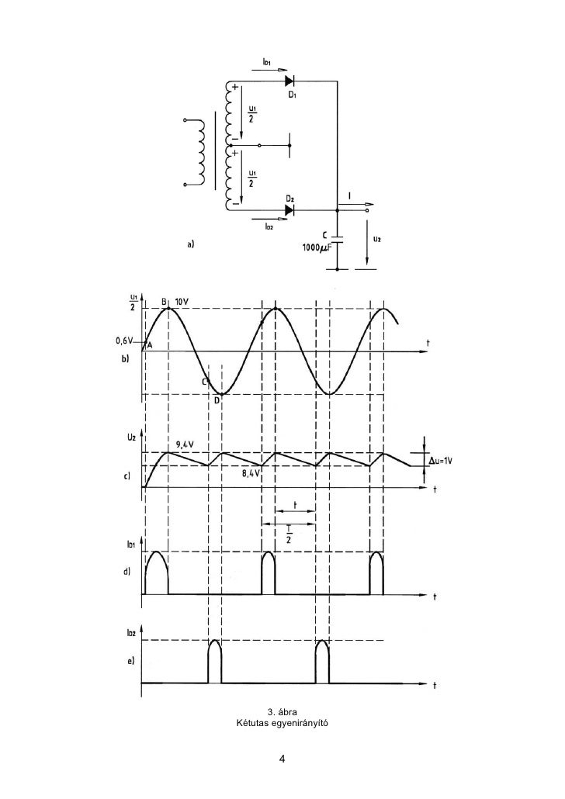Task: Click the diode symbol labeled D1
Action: (289, 80)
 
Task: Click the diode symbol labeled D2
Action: (289, 209)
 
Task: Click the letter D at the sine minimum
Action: (218, 400)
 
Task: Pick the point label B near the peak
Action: (165, 301)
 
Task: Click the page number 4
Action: (282, 759)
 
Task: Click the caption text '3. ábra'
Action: (282, 712)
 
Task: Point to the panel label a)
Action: (190, 245)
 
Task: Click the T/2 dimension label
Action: (288, 537)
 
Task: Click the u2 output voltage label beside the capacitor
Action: (376, 239)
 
